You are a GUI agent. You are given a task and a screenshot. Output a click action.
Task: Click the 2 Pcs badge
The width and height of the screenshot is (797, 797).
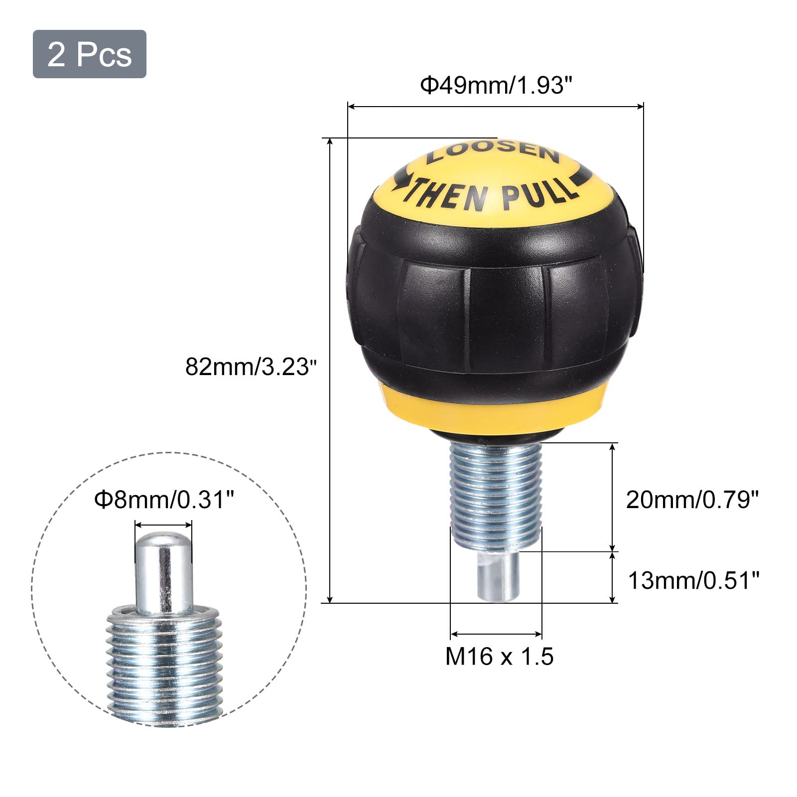point(90,54)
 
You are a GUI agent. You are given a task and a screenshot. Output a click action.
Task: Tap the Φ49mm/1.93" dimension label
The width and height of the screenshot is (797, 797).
point(494,85)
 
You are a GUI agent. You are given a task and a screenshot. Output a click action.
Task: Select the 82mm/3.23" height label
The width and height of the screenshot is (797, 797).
point(251,368)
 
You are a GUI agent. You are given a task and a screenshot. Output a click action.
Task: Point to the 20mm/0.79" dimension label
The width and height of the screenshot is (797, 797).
point(692,500)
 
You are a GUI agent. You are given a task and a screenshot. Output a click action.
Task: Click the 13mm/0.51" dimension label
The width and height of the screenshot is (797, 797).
point(693,580)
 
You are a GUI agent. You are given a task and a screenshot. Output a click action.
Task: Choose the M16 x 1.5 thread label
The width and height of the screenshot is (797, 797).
point(499,657)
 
